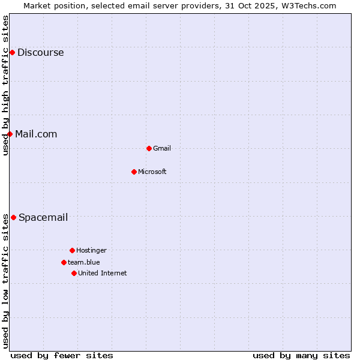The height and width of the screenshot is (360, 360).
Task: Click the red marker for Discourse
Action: (12, 53)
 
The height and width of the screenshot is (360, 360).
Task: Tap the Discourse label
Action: (40, 53)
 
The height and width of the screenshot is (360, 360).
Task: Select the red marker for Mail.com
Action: (10, 134)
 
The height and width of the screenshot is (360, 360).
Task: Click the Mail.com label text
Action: (36, 134)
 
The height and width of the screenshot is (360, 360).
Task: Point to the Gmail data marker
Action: (149, 148)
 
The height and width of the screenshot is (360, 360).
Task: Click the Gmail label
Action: (162, 149)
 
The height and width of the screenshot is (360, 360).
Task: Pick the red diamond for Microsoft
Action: (134, 172)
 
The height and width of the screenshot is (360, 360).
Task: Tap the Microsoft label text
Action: (152, 172)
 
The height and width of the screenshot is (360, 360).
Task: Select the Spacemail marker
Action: (13, 217)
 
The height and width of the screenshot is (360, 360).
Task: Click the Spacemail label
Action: (43, 218)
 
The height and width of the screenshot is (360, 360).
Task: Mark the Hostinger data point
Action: (72, 250)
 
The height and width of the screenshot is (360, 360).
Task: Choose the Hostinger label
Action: (91, 251)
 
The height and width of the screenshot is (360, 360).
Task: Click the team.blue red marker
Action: (64, 262)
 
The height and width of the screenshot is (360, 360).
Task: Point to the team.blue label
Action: (84, 263)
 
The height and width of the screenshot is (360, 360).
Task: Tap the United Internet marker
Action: (74, 273)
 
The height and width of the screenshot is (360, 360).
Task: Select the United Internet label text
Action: (103, 274)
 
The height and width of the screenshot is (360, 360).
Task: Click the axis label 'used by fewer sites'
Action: (62, 355)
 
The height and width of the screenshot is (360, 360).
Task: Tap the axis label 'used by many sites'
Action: (301, 355)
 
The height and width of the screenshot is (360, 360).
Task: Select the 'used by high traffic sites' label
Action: (5, 85)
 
